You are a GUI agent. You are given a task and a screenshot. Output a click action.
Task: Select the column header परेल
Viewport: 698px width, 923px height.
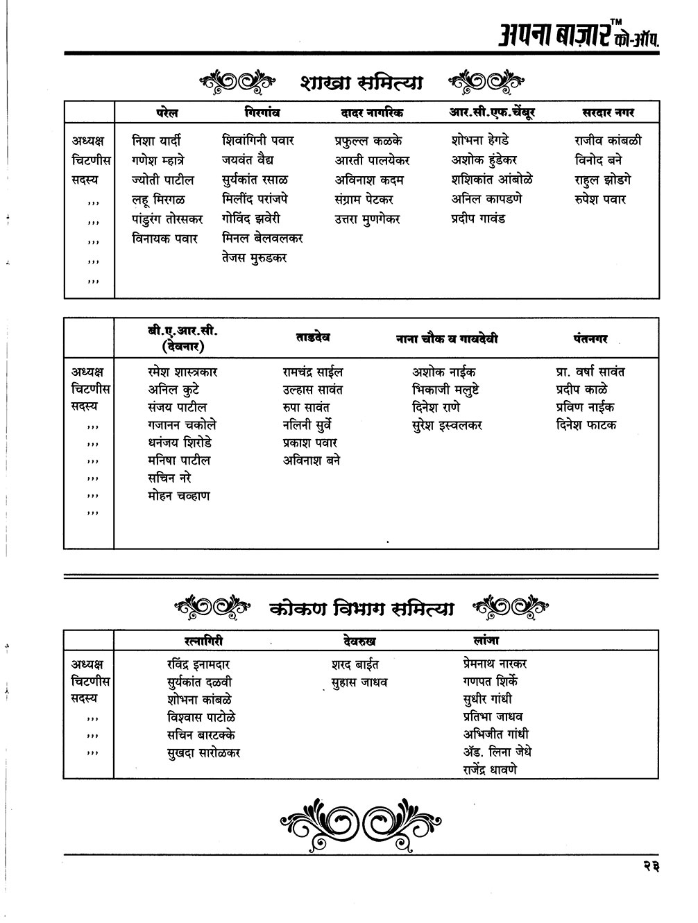coord(167,112)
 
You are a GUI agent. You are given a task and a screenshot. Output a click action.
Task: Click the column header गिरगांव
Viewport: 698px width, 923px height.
coord(262,112)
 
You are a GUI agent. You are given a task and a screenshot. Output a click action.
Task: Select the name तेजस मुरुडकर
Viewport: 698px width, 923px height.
coord(255,258)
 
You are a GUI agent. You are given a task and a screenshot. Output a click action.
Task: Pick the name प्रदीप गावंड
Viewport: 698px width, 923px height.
coord(478,218)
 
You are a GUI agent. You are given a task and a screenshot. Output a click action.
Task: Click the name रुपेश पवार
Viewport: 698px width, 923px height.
coord(600,199)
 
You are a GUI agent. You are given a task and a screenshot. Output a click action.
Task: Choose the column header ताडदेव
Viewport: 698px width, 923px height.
coord(312,338)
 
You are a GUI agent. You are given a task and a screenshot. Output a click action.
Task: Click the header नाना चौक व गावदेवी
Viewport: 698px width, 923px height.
coord(447,339)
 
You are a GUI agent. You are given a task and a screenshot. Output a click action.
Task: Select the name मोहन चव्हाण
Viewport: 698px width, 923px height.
coord(178,496)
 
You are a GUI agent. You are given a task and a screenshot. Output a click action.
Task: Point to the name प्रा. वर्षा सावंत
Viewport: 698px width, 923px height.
coord(590,372)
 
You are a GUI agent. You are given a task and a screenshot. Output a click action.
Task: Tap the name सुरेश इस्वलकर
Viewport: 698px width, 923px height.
coord(447,425)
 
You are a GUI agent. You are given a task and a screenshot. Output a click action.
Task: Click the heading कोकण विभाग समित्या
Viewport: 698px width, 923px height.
coord(361,609)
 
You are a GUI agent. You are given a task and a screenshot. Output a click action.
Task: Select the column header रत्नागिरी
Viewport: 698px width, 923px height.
coord(198,640)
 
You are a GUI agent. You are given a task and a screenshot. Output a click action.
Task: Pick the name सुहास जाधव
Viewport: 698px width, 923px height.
coord(359,682)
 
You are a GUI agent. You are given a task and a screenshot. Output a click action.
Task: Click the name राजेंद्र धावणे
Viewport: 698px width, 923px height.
coord(490,769)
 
